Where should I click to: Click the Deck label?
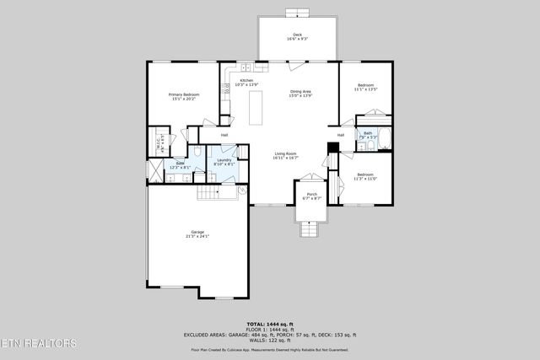(x=297, y=36)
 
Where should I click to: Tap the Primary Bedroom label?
(x=182, y=96)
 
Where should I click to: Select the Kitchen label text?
(x=246, y=83)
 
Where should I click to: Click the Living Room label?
(x=286, y=155)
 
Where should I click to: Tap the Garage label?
(x=197, y=234)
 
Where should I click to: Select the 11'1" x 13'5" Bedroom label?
(x=365, y=87)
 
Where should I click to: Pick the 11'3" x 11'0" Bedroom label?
(x=365, y=176)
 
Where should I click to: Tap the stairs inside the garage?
(x=216, y=193)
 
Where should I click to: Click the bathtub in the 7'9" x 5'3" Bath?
(x=384, y=139)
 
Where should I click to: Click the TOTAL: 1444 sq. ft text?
(x=270, y=324)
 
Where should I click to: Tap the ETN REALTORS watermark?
(x=39, y=343)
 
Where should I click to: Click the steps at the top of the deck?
(x=297, y=13)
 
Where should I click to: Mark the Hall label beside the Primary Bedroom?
(x=224, y=135)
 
